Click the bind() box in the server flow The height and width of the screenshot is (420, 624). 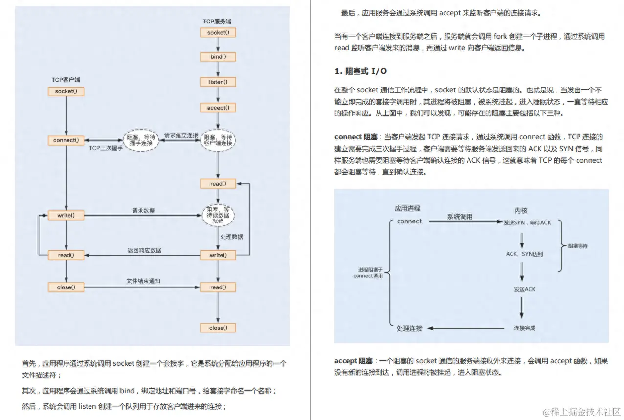coord(218,57)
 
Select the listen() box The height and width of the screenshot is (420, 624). coord(218,82)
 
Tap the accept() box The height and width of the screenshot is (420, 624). coord(218,108)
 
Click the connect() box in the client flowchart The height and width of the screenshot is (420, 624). coord(66,140)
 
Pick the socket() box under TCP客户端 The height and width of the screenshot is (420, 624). coord(66,91)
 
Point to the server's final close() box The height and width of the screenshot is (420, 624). coord(218,328)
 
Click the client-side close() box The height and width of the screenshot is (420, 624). coord(66,287)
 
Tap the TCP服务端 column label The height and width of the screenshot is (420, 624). coord(217,22)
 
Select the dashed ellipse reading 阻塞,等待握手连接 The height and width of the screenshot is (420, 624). coord(141,140)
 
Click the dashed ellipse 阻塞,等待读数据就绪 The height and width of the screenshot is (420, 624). coord(219,215)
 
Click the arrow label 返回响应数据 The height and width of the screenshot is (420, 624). coord(144,250)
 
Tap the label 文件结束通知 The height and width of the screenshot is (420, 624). coord(143,281)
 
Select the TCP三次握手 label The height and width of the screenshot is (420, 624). coord(106,148)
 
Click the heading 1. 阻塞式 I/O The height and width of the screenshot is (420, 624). coord(360,71)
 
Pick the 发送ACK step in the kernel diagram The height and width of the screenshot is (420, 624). coord(524,289)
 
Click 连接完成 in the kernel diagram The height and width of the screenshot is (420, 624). coord(524,328)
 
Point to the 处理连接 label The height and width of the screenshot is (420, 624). coord(409,328)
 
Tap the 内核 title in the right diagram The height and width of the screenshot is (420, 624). coord(521,211)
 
